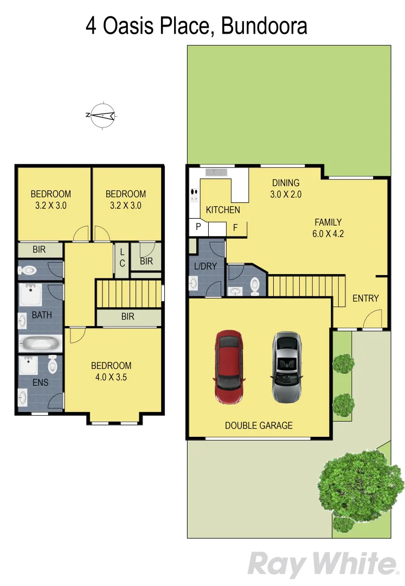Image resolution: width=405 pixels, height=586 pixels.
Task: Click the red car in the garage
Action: click(x=230, y=367)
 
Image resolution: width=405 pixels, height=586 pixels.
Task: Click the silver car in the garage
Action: click(x=287, y=367)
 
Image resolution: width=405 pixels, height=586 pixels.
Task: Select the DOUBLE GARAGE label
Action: click(x=259, y=425)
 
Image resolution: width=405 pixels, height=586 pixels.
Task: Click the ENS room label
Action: click(x=40, y=383)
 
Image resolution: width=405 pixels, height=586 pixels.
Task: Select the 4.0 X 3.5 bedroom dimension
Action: click(x=111, y=377)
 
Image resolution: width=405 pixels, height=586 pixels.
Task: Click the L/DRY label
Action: click(x=203, y=266)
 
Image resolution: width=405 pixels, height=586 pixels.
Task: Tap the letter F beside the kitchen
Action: click(x=235, y=227)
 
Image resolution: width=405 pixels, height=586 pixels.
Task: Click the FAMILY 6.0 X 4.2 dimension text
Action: click(x=329, y=234)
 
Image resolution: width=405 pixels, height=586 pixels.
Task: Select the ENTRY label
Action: click(x=365, y=298)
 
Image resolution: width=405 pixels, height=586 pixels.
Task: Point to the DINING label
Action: click(x=286, y=183)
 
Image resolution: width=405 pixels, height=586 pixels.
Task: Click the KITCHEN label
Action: click(x=223, y=210)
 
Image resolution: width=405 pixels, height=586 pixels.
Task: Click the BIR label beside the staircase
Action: click(x=128, y=317)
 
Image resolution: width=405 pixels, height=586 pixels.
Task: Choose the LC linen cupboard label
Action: click(x=122, y=258)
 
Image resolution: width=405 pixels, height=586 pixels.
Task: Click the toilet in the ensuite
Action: click(x=53, y=365)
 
